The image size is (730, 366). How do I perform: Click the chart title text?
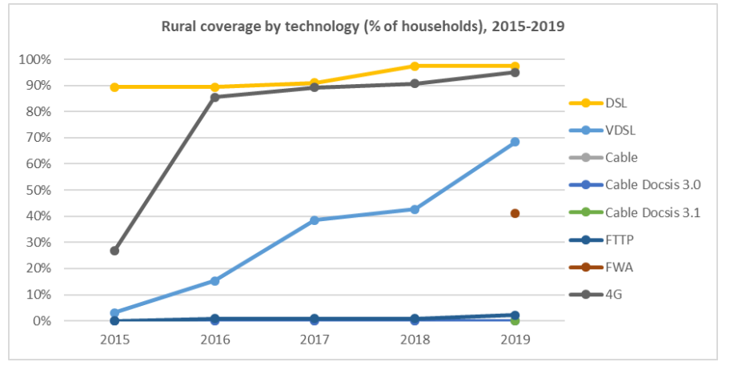pyautogui.click(x=363, y=26)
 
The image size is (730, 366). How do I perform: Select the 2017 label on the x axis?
pyautogui.click(x=315, y=339)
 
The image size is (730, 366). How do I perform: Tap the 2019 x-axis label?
pyautogui.click(x=515, y=339)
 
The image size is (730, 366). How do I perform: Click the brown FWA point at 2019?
pyautogui.click(x=515, y=213)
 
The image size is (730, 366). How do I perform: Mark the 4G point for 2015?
pyautogui.click(x=114, y=251)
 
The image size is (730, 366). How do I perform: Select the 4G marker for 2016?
pyautogui.click(x=215, y=97)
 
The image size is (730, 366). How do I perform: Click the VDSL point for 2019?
pyautogui.click(x=515, y=142)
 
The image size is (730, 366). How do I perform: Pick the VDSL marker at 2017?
pyautogui.click(x=315, y=220)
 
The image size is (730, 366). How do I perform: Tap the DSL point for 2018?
pyautogui.click(x=415, y=66)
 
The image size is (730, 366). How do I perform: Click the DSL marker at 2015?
pyautogui.click(x=114, y=86)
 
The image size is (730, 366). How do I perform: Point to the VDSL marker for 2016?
pyautogui.click(x=215, y=281)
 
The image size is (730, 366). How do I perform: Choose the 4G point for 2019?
pyautogui.click(x=515, y=72)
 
